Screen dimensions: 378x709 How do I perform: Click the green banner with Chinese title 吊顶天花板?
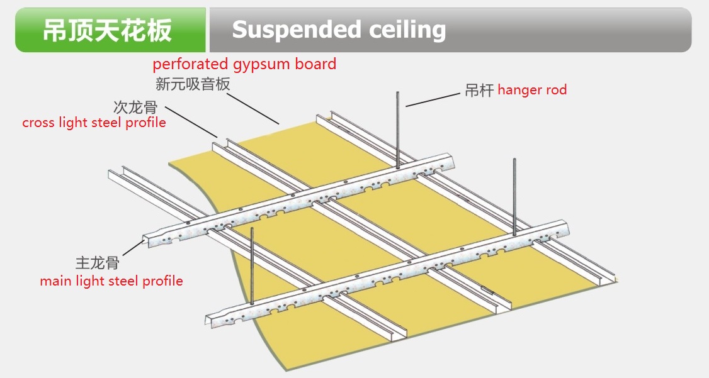110,30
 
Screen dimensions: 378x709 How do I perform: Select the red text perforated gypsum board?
244,64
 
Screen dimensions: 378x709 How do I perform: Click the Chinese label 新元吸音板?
193,84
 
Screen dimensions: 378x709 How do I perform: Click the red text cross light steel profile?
94,123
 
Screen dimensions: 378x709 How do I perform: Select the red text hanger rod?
532,90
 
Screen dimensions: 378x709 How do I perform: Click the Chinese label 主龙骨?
97,262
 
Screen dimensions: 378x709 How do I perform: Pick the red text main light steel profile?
111,281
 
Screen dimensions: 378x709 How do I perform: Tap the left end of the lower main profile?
211,317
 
